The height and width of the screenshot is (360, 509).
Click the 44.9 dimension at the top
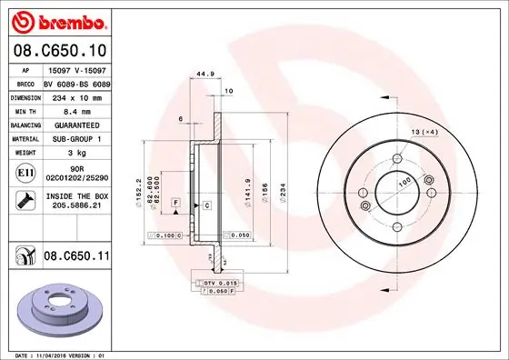205,75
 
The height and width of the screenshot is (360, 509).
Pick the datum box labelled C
207,205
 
